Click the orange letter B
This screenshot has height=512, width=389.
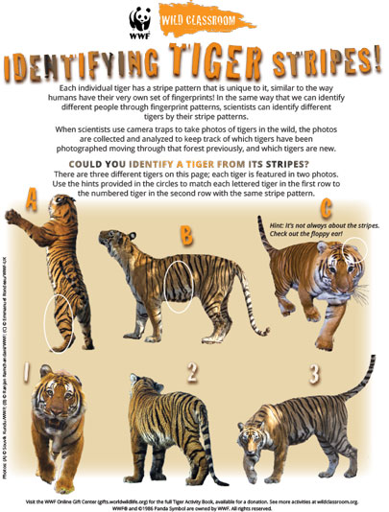click(x=185, y=233)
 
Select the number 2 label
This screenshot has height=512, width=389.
click(x=192, y=369)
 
